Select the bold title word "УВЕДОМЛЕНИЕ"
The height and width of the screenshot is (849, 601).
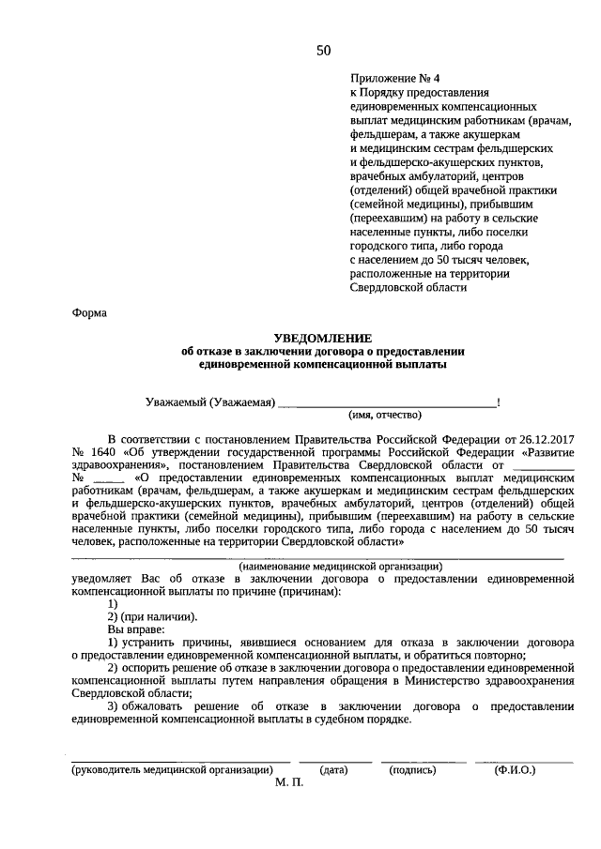click(x=322, y=337)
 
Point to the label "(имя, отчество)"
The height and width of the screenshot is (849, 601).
click(x=385, y=416)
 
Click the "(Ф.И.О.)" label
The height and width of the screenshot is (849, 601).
click(x=515, y=770)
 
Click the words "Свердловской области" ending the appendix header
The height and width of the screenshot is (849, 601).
click(x=408, y=287)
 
